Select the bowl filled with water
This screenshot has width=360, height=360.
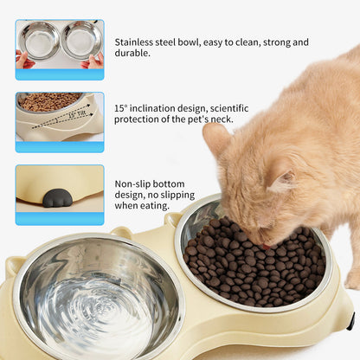[x=95, y=299]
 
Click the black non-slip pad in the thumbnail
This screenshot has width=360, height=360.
[x=58, y=198]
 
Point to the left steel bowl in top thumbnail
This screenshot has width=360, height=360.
[x=41, y=40]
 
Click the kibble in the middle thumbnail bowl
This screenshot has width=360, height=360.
[x=50, y=101]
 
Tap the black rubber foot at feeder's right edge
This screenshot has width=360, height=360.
[x=350, y=321]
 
